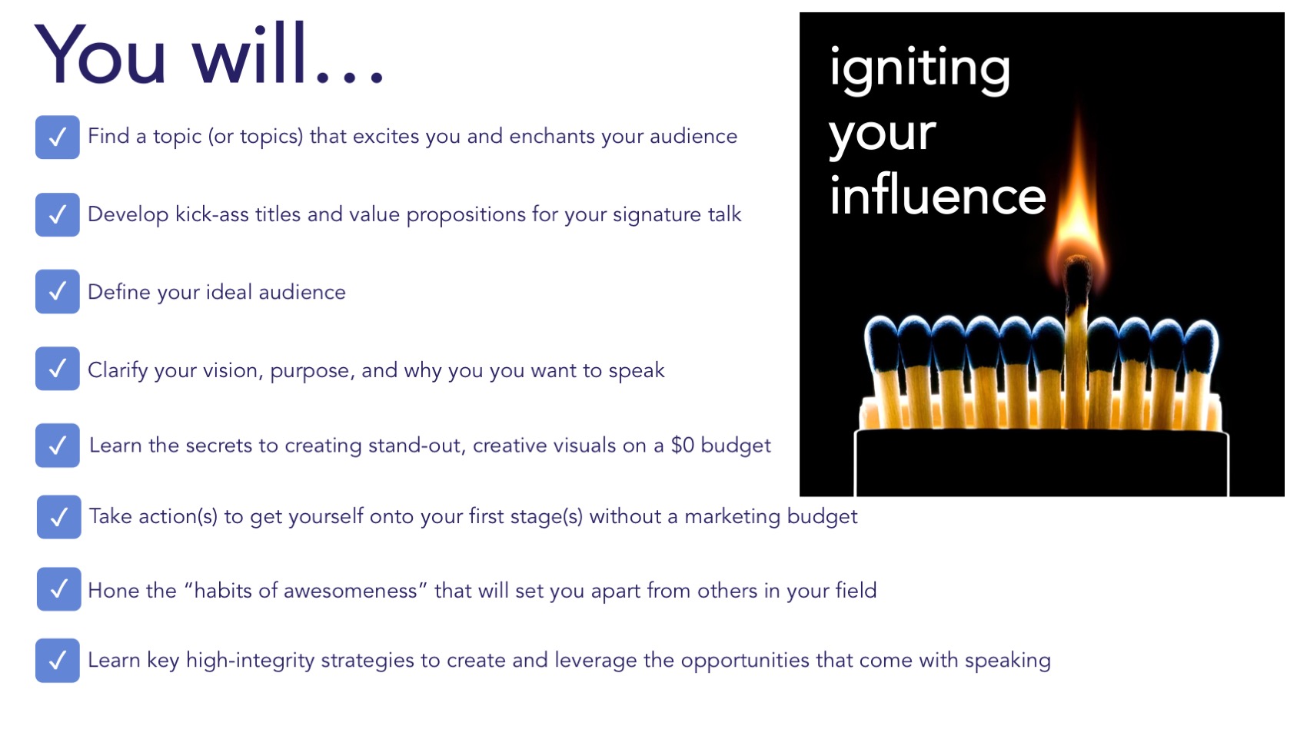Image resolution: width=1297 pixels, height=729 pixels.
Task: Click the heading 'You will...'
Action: pyautogui.click(x=208, y=55)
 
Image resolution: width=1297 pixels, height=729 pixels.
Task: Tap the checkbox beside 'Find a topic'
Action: pyautogui.click(x=58, y=138)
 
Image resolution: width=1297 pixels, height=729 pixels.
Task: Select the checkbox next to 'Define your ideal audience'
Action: pyautogui.click(x=58, y=292)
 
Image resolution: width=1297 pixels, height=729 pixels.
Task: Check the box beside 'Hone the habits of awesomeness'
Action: pyautogui.click(x=58, y=589)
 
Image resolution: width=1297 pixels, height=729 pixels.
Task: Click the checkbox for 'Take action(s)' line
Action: pyautogui.click(x=58, y=517)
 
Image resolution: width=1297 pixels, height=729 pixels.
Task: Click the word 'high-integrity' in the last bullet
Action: pyautogui.click(x=250, y=661)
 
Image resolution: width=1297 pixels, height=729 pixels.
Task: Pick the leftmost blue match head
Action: pyautogui.click(x=882, y=341)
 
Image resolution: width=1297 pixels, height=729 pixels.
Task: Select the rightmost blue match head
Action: pyautogui.click(x=1201, y=346)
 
